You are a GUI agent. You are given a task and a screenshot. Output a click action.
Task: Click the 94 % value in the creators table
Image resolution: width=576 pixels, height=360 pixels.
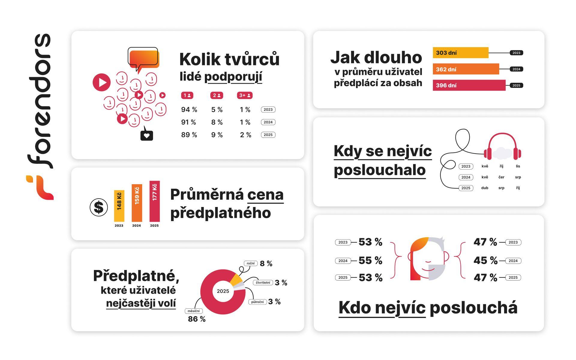[x=189, y=110]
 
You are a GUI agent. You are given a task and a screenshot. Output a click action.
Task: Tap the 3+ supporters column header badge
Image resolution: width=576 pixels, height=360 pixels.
[x=244, y=95]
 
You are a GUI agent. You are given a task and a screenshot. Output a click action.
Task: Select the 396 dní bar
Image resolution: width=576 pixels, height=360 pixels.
[x=469, y=85]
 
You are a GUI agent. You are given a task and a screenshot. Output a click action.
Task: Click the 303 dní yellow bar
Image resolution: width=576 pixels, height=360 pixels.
[x=460, y=53]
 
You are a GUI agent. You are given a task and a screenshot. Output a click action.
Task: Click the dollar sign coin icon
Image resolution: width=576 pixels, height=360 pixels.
[x=99, y=207]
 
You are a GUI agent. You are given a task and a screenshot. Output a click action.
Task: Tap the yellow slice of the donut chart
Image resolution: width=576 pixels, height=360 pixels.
[x=236, y=280]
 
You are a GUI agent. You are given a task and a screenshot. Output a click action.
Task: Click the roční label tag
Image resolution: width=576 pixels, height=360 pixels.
[x=250, y=263]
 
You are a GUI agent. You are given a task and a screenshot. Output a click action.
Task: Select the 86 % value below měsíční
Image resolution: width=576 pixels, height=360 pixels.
[x=196, y=319]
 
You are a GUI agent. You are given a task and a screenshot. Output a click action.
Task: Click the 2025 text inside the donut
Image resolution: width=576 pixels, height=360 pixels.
[x=223, y=291]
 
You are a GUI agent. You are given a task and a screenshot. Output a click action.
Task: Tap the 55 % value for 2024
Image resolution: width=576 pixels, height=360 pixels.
[x=370, y=260]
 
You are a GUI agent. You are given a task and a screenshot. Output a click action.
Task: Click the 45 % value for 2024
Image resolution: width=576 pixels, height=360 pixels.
[x=485, y=260]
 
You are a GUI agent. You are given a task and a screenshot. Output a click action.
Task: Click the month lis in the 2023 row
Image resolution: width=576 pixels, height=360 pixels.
[x=518, y=166]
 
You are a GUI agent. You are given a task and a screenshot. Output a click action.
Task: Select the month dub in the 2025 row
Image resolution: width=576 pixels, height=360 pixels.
[x=484, y=188]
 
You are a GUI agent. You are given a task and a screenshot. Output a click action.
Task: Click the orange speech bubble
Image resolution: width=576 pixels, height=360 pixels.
[x=144, y=58]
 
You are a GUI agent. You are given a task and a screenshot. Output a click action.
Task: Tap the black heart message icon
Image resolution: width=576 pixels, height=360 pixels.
[x=147, y=135]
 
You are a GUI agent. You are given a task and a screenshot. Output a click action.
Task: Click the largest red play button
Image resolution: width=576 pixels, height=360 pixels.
[x=102, y=82]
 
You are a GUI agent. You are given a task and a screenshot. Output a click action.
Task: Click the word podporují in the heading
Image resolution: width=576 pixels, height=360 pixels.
[x=233, y=77]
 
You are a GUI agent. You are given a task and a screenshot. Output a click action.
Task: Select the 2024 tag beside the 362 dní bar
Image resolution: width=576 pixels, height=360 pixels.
[x=516, y=69]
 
